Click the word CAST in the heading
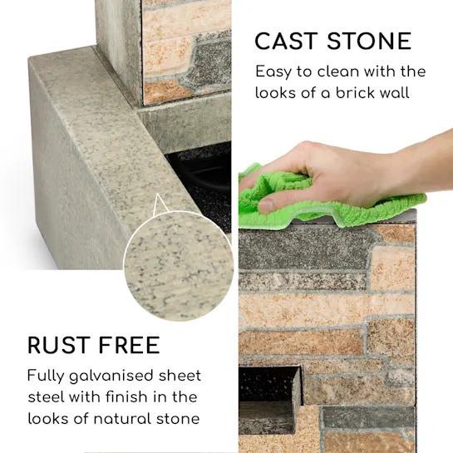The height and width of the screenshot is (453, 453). [286, 41]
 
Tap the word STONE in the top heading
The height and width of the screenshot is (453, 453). [369, 41]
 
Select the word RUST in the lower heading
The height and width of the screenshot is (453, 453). [58, 345]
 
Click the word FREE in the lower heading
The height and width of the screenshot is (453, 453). [129, 345]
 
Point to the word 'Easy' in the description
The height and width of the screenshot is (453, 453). [273, 72]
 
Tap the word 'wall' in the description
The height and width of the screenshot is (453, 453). [394, 93]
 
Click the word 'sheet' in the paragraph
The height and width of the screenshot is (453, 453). [180, 376]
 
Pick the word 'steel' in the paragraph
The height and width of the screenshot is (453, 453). [47, 397]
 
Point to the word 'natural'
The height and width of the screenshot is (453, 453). [122, 419]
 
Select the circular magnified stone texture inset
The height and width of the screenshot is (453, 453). [178, 265]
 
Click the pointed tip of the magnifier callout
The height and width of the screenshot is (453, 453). [157, 194]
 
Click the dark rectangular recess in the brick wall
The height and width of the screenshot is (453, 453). [268, 383]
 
